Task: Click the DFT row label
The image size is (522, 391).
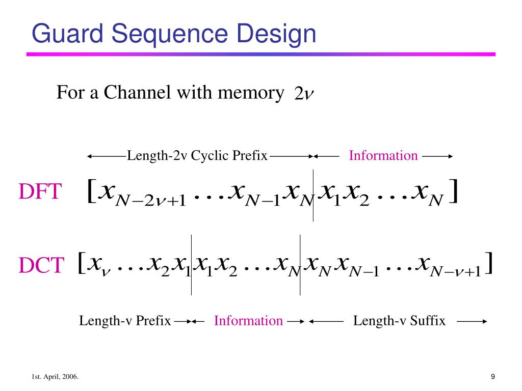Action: click(40, 191)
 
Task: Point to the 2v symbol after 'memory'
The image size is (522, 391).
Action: click(304, 94)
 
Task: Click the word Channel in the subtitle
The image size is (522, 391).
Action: click(137, 92)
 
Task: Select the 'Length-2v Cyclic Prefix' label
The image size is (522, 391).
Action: click(197, 156)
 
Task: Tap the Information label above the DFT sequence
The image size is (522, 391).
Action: click(383, 155)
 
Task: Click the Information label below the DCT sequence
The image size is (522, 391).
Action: click(248, 321)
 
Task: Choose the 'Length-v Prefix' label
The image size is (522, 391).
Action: click(125, 321)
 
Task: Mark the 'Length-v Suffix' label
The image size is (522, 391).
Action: click(399, 321)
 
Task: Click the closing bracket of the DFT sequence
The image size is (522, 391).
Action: click(454, 191)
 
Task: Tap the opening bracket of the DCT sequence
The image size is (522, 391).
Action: click(81, 263)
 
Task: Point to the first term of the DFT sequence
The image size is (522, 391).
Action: click(143, 194)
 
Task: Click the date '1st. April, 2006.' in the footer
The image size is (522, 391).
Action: click(55, 377)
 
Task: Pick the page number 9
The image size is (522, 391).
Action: click(493, 377)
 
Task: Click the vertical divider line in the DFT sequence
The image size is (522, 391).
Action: click(313, 195)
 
